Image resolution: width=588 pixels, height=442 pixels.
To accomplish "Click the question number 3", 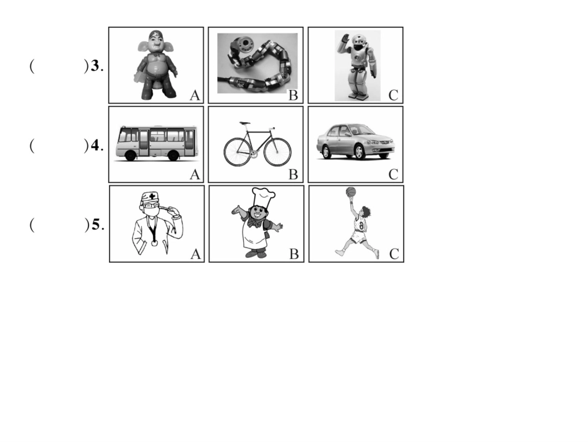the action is (x=95, y=66).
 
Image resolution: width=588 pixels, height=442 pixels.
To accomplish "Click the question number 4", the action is (x=95, y=145).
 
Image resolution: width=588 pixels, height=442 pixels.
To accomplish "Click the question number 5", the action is (x=96, y=224).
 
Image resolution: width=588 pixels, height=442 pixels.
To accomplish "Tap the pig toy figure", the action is (x=156, y=65).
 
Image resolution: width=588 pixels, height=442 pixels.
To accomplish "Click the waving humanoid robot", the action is (x=357, y=66).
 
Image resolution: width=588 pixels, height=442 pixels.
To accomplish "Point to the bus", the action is (x=157, y=143).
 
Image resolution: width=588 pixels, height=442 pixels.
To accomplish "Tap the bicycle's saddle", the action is (x=244, y=123).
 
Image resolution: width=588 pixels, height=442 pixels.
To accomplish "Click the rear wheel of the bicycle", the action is (x=238, y=152).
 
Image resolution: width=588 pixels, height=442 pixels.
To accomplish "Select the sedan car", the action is (x=355, y=141).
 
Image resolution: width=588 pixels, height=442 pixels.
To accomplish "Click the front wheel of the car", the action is (x=359, y=152).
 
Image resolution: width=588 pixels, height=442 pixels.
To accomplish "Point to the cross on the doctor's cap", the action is (x=152, y=196).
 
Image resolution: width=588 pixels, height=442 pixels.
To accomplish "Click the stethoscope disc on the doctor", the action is (x=155, y=242).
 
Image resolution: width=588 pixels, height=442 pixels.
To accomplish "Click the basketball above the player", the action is (x=350, y=192).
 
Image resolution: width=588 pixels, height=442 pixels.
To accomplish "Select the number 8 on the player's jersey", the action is (x=361, y=225).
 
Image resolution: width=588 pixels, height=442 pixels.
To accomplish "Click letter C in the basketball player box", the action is (x=394, y=254).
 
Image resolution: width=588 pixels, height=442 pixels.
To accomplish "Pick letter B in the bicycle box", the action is (x=293, y=175).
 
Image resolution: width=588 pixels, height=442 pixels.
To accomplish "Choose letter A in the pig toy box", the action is (x=195, y=95).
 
